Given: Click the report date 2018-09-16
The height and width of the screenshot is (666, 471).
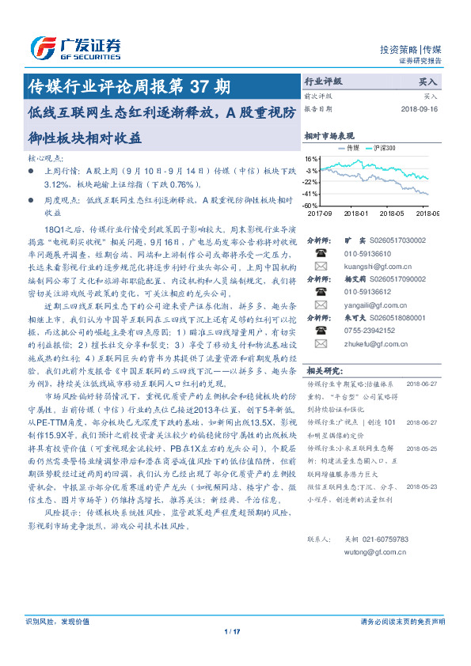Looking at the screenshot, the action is click(420, 109).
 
